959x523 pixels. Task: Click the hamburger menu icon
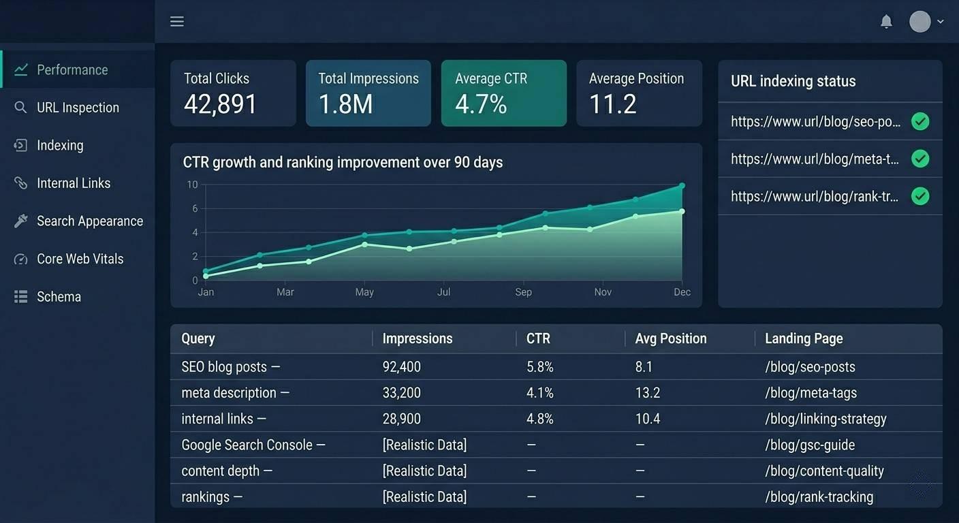coord(177,21)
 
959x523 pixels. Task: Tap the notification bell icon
coord(886,21)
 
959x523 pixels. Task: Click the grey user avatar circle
coord(920,21)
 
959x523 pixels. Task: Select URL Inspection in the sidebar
coord(78,108)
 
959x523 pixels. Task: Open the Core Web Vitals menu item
coord(80,259)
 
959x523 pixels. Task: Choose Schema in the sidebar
coord(59,297)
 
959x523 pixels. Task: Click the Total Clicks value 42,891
coord(220,104)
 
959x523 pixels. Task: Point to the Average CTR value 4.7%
coord(481,104)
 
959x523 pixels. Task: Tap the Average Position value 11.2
coord(612,104)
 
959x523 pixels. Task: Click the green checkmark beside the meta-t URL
coord(920,159)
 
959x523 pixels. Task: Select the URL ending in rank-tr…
coord(815,196)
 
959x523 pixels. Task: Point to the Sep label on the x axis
coord(523,292)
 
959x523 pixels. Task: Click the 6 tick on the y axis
coord(195,208)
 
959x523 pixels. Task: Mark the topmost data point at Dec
coord(682,186)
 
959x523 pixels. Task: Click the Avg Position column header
coord(671,338)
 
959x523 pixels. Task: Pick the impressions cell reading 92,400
coord(402,367)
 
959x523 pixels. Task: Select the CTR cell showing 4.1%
coord(540,393)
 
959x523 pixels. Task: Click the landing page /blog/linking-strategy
coord(826,419)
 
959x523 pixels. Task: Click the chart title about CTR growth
coord(343,163)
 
